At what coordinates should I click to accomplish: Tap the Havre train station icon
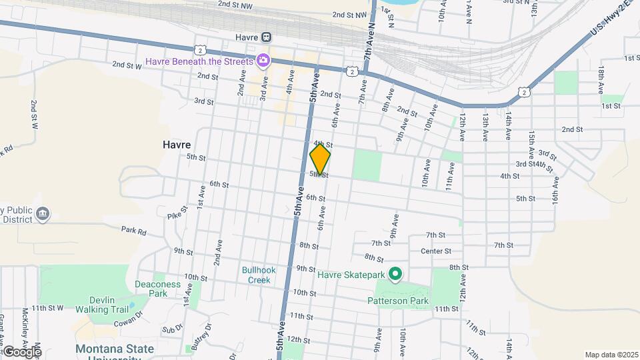[266, 37]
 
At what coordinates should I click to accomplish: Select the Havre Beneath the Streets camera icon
[263, 61]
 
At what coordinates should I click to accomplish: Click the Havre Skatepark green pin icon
[395, 274]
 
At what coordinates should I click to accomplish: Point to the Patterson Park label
[398, 301]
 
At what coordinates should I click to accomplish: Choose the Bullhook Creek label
[256, 275]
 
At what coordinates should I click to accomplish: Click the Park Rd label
[133, 231]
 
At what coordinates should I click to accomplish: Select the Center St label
[436, 251]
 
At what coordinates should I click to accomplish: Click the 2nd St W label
[127, 65]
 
